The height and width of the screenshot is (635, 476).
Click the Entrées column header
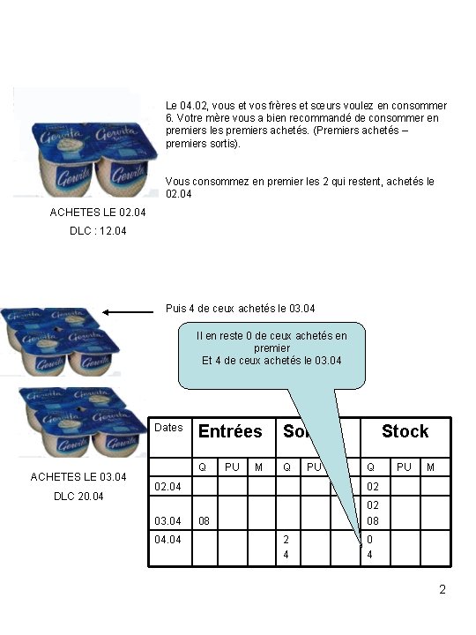tap(230, 431)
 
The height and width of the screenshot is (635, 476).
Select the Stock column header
tap(405, 431)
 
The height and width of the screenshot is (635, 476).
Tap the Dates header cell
tap(168, 428)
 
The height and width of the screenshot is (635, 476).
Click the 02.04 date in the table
tap(168, 486)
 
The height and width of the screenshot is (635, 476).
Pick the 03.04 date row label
tap(168, 520)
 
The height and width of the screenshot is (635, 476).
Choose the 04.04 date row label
tap(168, 538)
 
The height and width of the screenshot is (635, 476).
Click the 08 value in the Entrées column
tap(204, 520)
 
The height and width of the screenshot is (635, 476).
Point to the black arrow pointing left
tap(128, 311)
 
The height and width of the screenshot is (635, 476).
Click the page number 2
tap(443, 589)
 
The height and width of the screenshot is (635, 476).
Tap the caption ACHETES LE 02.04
tap(98, 213)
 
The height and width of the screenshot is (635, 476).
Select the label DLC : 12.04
tap(98, 231)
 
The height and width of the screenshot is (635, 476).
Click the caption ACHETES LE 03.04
tap(78, 477)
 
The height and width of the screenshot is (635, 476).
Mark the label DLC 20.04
tap(78, 497)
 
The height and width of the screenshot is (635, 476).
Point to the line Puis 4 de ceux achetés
tap(240, 308)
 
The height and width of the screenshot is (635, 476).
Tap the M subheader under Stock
tap(431, 466)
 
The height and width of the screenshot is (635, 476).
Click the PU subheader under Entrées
tap(232, 466)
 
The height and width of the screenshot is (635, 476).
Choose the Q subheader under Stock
tap(372, 466)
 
